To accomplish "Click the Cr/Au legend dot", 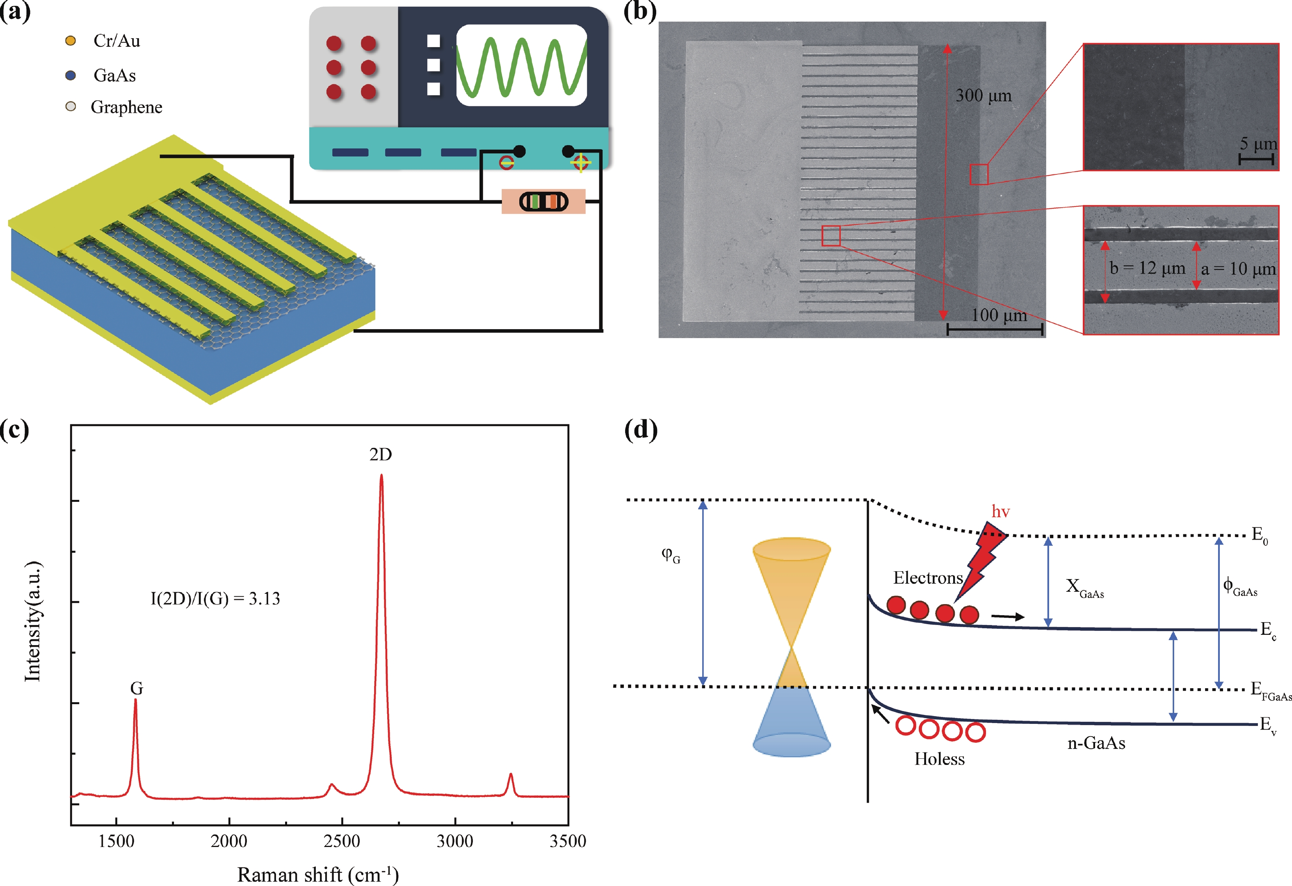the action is pyautogui.click(x=71, y=41).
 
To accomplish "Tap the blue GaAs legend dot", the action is pyautogui.click(x=71, y=75).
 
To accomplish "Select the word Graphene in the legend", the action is pyautogui.click(x=127, y=107).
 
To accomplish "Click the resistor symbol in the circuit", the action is pyautogui.click(x=544, y=201).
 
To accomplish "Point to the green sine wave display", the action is pyautogui.click(x=521, y=65).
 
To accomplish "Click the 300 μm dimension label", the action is pyautogui.click(x=984, y=96).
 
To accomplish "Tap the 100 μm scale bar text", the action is pyautogui.click(x=999, y=315).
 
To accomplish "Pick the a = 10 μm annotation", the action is pyautogui.click(x=1239, y=269).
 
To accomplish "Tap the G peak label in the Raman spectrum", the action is pyautogui.click(x=137, y=689).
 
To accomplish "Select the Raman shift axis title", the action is pyautogui.click(x=318, y=875).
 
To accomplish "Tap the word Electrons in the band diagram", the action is pyautogui.click(x=928, y=578).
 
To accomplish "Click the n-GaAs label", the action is pyautogui.click(x=1096, y=743).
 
